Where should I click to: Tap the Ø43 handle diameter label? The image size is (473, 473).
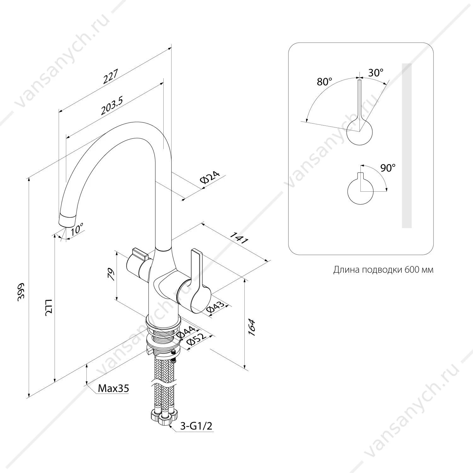216,308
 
